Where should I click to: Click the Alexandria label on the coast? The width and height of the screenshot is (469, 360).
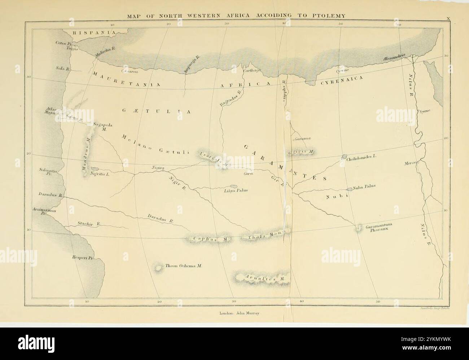[394, 57]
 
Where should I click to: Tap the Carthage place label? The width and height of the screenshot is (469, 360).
[251, 71]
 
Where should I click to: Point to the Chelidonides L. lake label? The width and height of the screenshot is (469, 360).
[362, 158]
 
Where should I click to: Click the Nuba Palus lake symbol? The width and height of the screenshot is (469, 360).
[349, 189]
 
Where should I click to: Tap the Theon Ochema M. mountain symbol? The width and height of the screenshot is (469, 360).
[158, 268]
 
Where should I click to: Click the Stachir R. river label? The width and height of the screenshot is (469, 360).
[88, 224]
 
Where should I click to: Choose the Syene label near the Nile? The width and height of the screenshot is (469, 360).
[425, 111]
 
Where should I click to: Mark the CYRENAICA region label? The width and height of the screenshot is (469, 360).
[341, 81]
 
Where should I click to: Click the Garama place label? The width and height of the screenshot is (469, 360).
[303, 139]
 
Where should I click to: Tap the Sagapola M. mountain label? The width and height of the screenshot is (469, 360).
[103, 127]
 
